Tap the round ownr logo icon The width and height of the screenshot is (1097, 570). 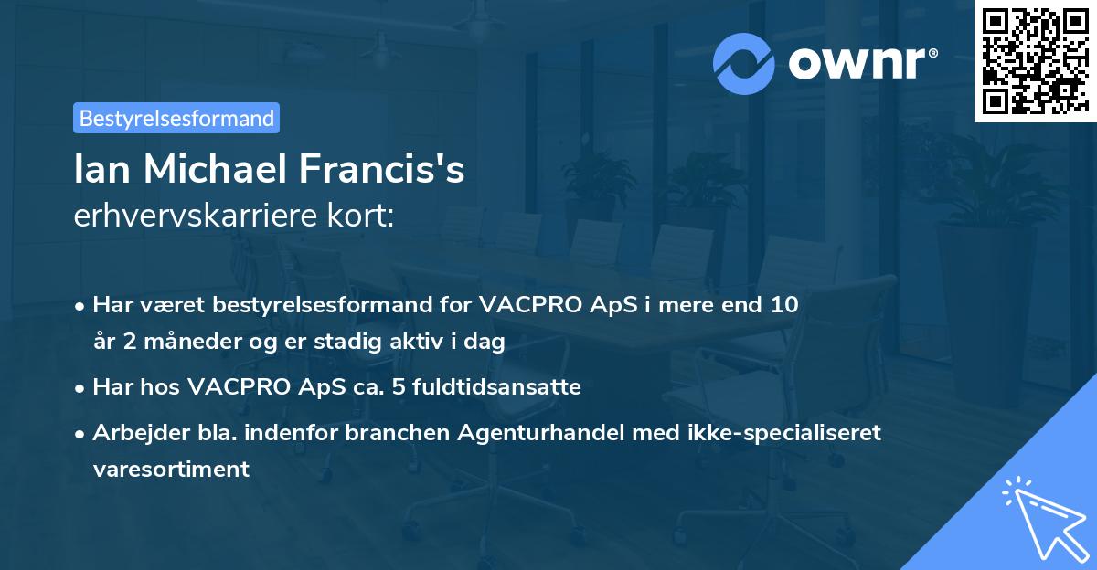click(x=743, y=63)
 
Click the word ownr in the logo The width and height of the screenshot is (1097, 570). click(x=859, y=63)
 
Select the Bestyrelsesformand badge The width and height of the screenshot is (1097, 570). click(x=176, y=118)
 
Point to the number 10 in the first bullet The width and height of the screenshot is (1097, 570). click(x=785, y=305)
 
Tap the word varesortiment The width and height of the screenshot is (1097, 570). click(x=171, y=470)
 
